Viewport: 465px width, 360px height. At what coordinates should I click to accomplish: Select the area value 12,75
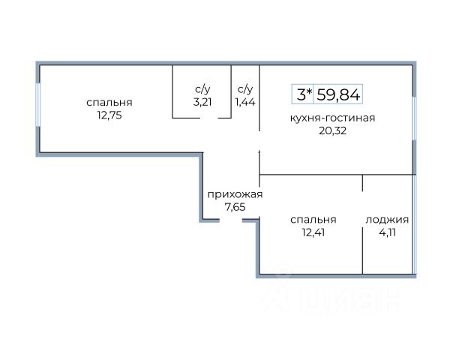tap(109, 115)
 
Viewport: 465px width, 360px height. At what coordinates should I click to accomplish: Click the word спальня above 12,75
tap(109, 103)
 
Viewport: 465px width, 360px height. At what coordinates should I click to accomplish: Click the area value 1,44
tap(245, 102)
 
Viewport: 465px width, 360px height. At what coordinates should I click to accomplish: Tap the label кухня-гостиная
tap(333, 118)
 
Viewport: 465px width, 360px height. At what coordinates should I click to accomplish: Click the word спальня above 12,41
tap(313, 220)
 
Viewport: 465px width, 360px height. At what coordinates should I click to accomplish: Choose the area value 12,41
tap(313, 232)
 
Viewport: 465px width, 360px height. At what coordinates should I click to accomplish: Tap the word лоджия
tap(387, 220)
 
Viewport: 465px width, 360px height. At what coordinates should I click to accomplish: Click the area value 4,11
tap(387, 232)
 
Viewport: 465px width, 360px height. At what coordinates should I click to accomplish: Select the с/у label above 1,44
tap(245, 88)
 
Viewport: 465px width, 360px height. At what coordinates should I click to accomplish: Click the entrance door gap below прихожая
tap(230, 220)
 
